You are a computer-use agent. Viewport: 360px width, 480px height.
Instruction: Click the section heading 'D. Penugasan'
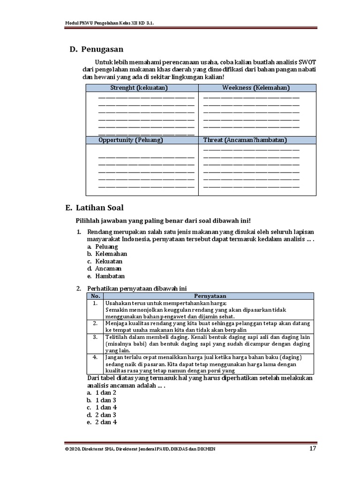click(97, 49)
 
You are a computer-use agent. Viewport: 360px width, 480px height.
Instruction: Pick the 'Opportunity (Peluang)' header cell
click(131, 140)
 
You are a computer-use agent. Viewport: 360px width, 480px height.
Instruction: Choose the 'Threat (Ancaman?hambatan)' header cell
click(245, 140)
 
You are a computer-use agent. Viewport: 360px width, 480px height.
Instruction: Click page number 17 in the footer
click(313, 449)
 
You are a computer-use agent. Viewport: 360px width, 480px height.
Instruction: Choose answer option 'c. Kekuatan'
click(104, 262)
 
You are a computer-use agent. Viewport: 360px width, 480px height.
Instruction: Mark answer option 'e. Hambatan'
click(105, 277)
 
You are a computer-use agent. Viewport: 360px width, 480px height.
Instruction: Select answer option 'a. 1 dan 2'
click(101, 392)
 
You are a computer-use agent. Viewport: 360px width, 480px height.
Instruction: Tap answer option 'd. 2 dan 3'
click(101, 415)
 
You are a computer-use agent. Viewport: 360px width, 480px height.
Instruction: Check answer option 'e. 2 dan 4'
click(101, 422)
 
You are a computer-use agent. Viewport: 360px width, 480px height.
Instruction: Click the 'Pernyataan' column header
click(210, 296)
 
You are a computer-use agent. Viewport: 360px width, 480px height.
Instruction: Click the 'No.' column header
click(96, 296)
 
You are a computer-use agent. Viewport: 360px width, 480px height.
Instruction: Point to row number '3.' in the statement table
click(95, 337)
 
